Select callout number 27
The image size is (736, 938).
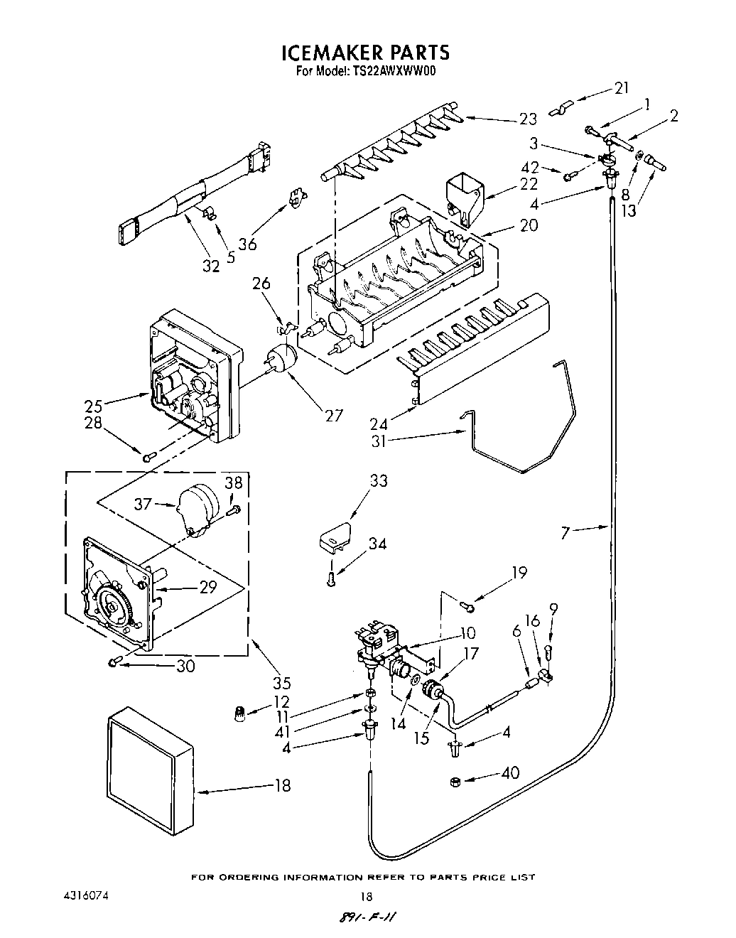click(x=334, y=416)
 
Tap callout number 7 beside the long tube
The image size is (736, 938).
click(x=565, y=532)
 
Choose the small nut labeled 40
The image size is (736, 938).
click(x=457, y=782)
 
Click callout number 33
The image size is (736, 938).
click(x=379, y=481)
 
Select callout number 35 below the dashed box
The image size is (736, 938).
click(x=282, y=684)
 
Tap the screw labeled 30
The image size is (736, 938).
click(x=113, y=662)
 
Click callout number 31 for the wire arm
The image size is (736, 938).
click(x=379, y=441)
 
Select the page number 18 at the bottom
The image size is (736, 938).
click(x=367, y=896)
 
